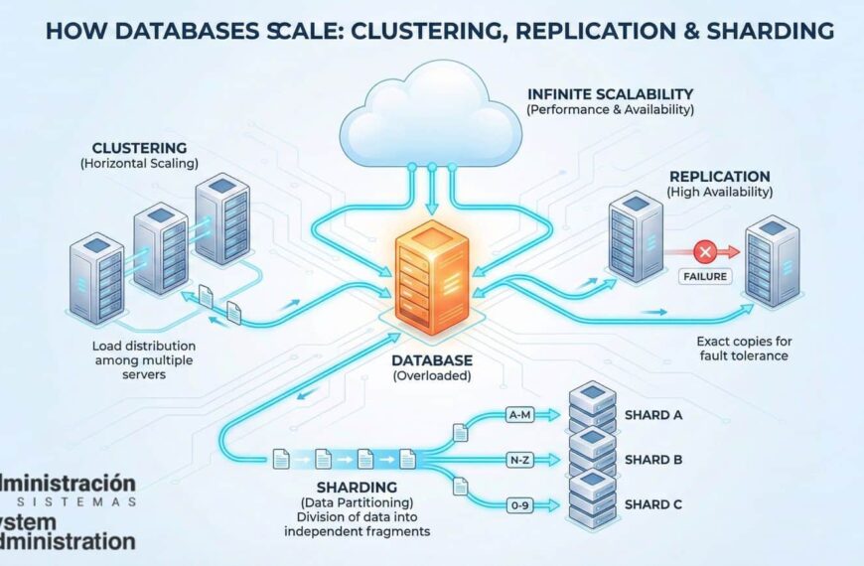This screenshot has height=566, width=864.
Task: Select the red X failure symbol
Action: pyautogui.click(x=706, y=249)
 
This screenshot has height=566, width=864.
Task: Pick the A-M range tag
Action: pyautogui.click(x=518, y=416)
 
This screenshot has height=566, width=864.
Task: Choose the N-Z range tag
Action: pyautogui.click(x=518, y=461)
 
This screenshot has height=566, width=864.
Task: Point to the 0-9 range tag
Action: pyautogui.click(x=518, y=505)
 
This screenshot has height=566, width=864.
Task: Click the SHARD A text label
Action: pyautogui.click(x=653, y=415)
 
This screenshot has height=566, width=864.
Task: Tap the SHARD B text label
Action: pyautogui.click(x=653, y=460)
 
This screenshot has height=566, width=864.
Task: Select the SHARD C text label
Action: pyautogui.click(x=653, y=504)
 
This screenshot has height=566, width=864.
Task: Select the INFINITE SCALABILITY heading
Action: pyautogui.click(x=611, y=94)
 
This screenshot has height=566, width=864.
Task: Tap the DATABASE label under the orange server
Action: pyautogui.click(x=431, y=359)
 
